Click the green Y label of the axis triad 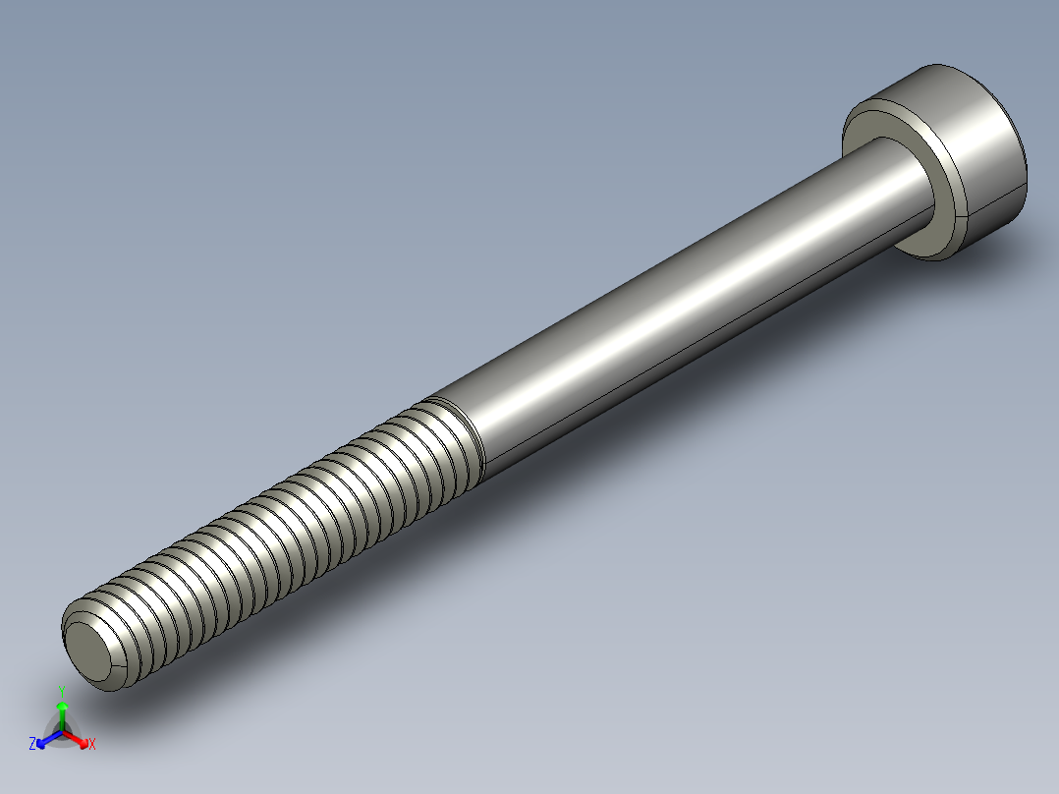(61, 689)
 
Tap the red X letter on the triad (91, 745)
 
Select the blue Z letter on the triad (32, 744)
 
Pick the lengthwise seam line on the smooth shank (688, 349)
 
